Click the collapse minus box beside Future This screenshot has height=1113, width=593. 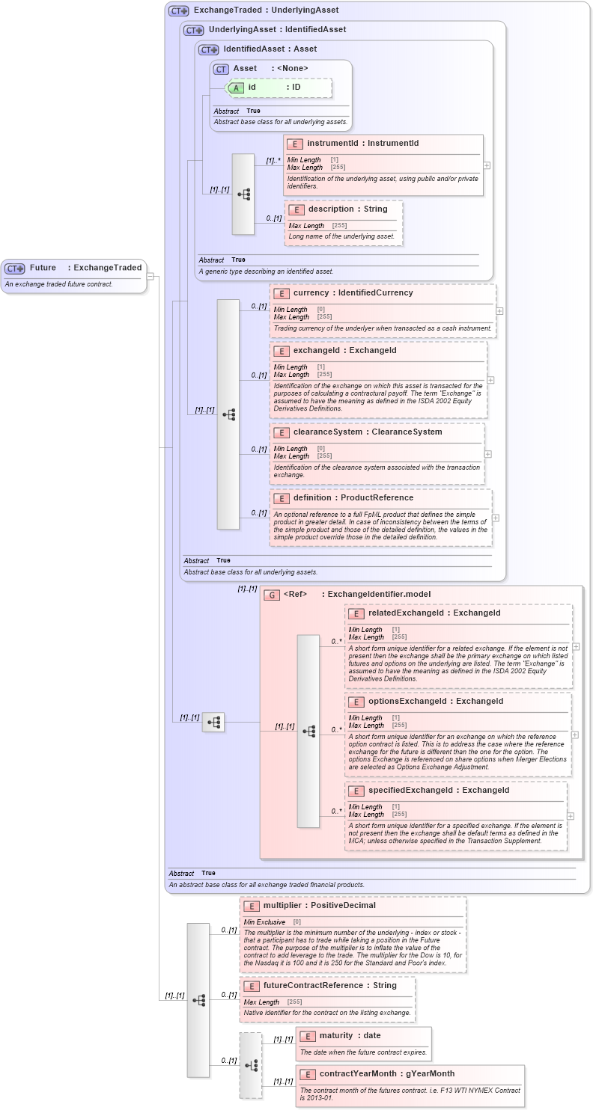pyautogui.click(x=150, y=276)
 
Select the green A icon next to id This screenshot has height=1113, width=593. pyautogui.click(x=236, y=88)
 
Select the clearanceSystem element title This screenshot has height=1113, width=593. pyautogui.click(x=368, y=432)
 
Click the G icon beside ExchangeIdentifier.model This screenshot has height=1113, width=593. pyautogui.click(x=272, y=595)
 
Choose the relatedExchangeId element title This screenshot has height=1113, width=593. pyautogui.click(x=434, y=613)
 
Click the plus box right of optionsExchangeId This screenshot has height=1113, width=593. pyautogui.click(x=575, y=735)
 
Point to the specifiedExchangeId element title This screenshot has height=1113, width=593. pyautogui.click(x=439, y=790)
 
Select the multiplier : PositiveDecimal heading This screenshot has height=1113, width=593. pyautogui.click(x=319, y=905)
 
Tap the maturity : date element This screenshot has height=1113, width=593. pyautogui.click(x=350, y=1035)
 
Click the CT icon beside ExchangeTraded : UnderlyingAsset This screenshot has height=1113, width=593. pyautogui.click(x=178, y=10)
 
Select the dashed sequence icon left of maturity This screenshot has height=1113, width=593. pyautogui.click(x=251, y=1065)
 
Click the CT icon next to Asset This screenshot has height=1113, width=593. pyautogui.click(x=221, y=69)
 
